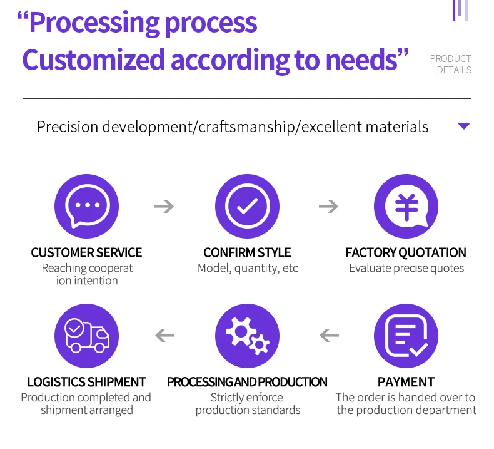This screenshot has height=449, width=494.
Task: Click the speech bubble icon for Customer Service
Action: point(86,206)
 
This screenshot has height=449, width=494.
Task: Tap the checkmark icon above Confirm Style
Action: point(246,206)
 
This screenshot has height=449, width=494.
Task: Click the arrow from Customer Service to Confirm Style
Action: point(164,206)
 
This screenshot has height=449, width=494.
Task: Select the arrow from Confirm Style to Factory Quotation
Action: point(328,206)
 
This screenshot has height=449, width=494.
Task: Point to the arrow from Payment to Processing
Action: point(329,336)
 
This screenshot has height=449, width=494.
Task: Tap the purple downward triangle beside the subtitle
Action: point(463,126)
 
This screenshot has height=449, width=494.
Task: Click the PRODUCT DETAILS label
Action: point(451,65)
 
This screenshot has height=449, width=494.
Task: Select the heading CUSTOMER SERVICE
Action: point(86,253)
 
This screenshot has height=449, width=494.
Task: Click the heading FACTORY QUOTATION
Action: point(406,253)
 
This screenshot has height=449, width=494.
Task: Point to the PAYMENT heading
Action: point(406,382)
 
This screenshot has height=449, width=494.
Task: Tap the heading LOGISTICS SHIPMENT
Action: point(86,382)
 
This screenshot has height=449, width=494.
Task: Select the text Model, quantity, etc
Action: point(248,269)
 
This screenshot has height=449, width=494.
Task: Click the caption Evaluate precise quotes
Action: point(406,269)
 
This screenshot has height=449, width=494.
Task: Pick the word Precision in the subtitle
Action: point(68,126)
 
